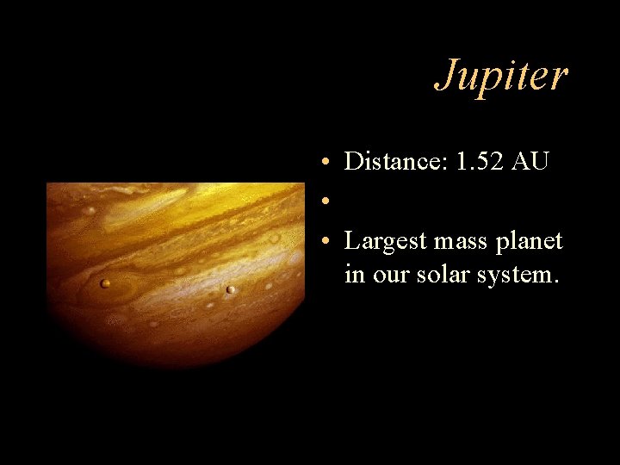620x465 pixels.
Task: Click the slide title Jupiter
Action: [x=501, y=76]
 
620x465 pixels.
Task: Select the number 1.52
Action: [x=478, y=161]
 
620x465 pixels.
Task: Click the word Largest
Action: [x=385, y=241]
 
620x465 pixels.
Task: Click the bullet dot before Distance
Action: [x=319, y=162]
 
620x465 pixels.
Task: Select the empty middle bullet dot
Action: [x=319, y=202]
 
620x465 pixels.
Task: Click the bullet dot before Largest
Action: [x=319, y=242]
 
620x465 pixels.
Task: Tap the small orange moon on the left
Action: [x=105, y=283]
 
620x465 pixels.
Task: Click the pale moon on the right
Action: [x=230, y=289]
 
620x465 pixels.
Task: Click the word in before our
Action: [x=353, y=276]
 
